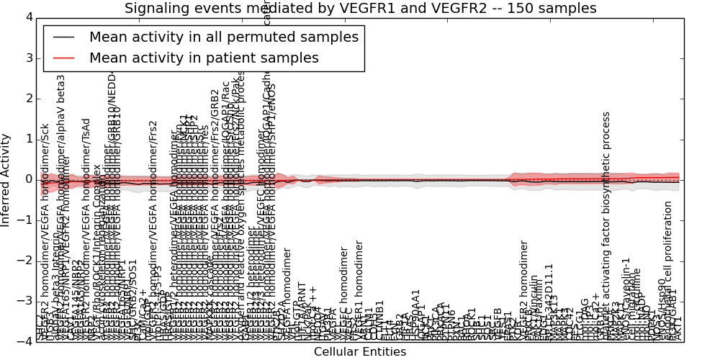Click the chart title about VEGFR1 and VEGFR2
point(360,8)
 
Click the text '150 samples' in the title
point(554,8)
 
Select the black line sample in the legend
point(63,37)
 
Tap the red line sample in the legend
point(63,58)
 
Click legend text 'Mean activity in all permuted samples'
point(223,37)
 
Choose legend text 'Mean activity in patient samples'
point(204,58)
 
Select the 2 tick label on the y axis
point(27,98)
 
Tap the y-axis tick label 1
point(27,139)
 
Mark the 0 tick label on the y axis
point(27,179)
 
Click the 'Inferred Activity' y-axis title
point(6,179)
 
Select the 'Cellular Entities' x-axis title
point(360,352)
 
